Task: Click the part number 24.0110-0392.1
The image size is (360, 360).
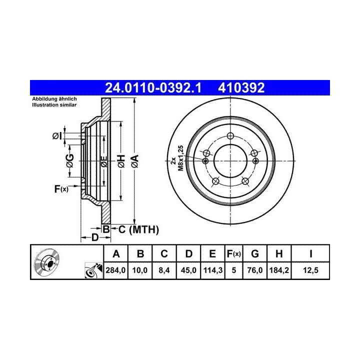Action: point(153,88)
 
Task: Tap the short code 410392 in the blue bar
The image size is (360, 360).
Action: point(241,88)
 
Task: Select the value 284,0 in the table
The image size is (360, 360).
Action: point(115,270)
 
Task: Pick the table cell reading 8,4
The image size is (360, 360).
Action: point(164,270)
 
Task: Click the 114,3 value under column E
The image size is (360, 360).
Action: point(213,270)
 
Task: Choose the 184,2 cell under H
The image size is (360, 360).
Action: point(279,270)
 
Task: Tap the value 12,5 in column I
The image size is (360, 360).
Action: point(310,270)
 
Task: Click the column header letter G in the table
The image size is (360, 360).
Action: point(255,254)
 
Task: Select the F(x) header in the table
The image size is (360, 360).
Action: point(233,254)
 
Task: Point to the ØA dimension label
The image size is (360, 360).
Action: point(135,161)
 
